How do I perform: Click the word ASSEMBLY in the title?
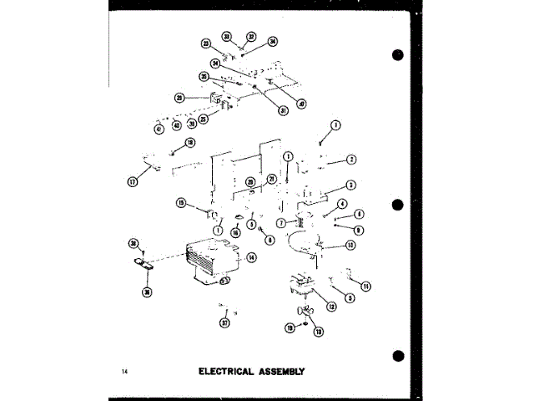pos(280,371)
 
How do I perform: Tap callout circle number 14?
pos(250,258)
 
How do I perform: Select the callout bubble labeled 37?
pos(224,323)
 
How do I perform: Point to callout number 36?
pos(149,292)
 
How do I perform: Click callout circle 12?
pos(331,307)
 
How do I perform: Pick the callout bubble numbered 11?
pos(366,287)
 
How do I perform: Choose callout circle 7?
pos(281,223)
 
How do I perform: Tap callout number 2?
pos(351,160)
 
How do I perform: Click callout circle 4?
pos(342,205)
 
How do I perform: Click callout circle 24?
pos(215,63)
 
